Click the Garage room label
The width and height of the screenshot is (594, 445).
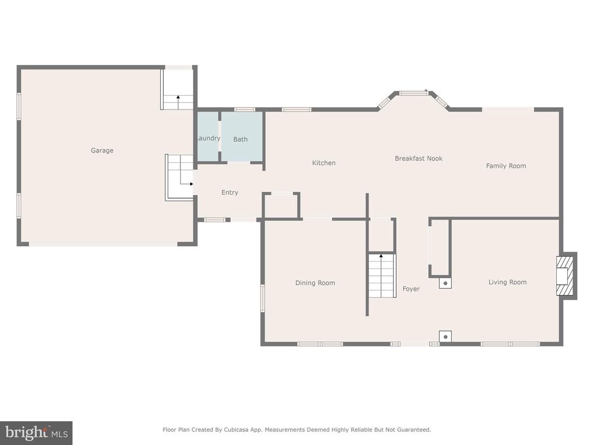102,151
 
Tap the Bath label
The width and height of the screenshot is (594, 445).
240,139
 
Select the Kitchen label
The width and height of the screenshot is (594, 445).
324,163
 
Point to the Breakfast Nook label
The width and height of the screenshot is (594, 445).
419,158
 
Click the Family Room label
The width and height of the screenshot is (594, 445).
506,166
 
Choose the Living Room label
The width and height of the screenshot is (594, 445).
507,282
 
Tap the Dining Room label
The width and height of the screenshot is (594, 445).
315,283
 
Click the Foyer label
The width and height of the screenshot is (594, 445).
411,289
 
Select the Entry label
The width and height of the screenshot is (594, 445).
230,192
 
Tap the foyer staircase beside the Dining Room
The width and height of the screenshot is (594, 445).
382,275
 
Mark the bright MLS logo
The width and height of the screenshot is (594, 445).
36,433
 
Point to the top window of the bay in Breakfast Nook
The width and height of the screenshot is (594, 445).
412,93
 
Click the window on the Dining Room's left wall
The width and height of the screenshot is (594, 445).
262,298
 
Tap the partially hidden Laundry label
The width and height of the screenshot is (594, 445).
208,138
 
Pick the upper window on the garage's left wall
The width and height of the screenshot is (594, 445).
19,107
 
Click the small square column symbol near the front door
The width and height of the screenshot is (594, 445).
445,336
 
